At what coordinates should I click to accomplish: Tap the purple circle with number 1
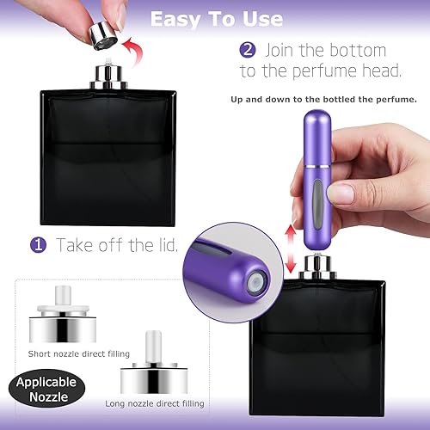[x=39, y=245]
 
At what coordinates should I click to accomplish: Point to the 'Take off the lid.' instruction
[x=117, y=245]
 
